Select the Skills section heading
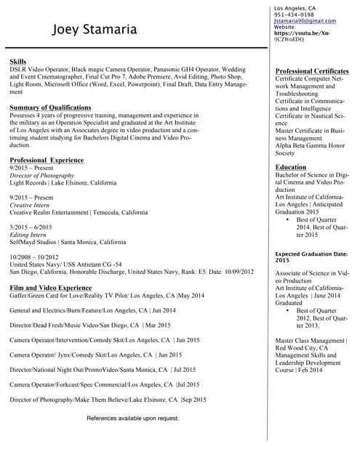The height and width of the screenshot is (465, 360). pyautogui.click(x=18, y=62)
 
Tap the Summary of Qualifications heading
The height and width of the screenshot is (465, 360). pyautogui.click(x=50, y=108)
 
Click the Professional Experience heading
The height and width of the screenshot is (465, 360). pyautogui.click(x=47, y=160)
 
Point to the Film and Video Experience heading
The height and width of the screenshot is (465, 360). pyautogui.click(x=50, y=288)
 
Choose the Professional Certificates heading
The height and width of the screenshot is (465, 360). pyautogui.click(x=312, y=71)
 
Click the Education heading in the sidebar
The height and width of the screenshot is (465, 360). pyautogui.click(x=291, y=167)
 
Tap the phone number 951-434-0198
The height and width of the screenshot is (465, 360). pyautogui.click(x=294, y=15)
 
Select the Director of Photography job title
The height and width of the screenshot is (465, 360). pyautogui.click(x=42, y=175)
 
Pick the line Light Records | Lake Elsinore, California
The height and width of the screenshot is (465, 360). pyautogui.click(x=63, y=183)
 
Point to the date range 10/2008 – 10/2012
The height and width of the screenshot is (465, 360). pyautogui.click(x=34, y=257)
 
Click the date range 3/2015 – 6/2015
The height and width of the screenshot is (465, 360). pyautogui.click(x=31, y=227)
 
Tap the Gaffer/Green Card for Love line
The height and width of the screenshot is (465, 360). pyautogui.click(x=107, y=296)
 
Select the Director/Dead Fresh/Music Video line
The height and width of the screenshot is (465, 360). pyautogui.click(x=90, y=325)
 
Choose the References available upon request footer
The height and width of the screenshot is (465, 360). pyautogui.click(x=133, y=418)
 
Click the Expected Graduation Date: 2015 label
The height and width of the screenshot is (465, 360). pyautogui.click(x=311, y=256)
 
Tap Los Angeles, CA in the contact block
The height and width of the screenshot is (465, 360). pyautogui.click(x=295, y=8)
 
